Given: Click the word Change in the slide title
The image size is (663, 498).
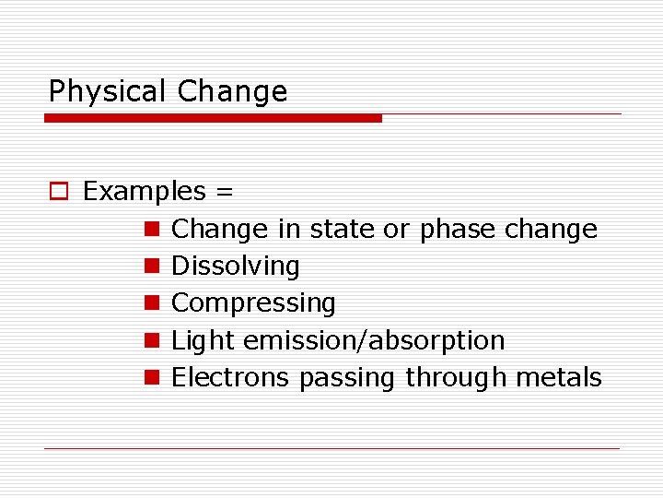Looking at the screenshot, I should click(x=232, y=91).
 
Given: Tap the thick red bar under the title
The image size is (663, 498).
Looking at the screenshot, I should click(x=213, y=118).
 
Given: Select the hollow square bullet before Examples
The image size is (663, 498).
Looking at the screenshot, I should click(x=58, y=192).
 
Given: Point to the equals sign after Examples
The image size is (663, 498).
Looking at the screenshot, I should click(x=224, y=193).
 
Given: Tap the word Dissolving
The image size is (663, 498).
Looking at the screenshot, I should click(x=236, y=267).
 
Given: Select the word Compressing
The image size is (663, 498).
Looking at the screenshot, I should click(x=253, y=303).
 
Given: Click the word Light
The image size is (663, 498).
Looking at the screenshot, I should click(x=204, y=340).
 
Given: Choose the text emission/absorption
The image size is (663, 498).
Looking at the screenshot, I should click(x=374, y=340).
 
